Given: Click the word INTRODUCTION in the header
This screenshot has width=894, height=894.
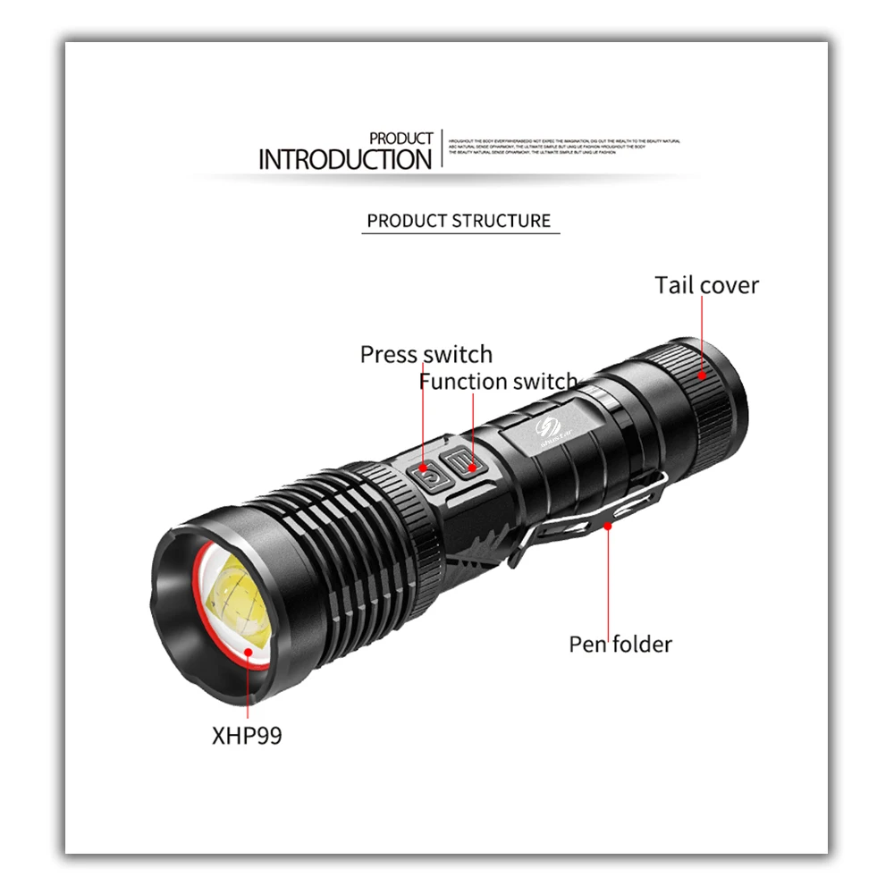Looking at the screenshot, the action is pos(344,160).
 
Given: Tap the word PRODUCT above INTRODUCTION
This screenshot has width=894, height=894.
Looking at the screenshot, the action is pos(401,139).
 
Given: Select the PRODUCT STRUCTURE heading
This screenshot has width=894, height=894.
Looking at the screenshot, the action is pos(459,221).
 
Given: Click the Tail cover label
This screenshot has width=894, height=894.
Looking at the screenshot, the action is pos(706,285).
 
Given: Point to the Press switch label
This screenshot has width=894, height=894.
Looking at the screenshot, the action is pos(426,354).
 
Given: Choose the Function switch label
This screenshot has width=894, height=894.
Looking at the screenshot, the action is pos(498,382).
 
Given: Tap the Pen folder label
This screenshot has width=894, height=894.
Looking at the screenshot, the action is pos(620,644).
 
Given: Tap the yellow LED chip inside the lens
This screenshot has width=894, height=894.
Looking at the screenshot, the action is pos(240,601).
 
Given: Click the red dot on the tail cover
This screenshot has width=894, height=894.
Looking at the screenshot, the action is pos(703,375).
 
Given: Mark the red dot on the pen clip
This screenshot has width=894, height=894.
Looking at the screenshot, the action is pos(608,526).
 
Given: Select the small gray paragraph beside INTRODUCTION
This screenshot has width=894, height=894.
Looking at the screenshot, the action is pos(563,147).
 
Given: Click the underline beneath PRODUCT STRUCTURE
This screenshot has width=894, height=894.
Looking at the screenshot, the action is pos(460,234).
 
